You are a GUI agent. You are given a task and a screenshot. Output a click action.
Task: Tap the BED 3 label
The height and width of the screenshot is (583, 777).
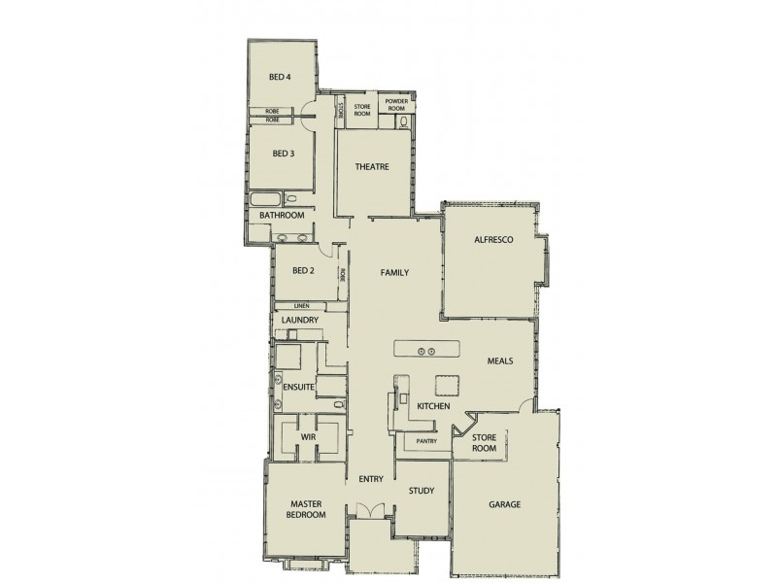coord(283,154)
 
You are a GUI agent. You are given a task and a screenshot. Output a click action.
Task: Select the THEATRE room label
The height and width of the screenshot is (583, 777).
coord(372,167)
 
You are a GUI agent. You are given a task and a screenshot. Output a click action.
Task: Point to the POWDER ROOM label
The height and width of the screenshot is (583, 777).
coord(395,105)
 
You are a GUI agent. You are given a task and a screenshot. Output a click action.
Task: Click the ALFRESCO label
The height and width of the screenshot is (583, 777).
coord(493,239)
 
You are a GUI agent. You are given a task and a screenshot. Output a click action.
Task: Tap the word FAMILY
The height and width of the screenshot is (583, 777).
coord(394,274)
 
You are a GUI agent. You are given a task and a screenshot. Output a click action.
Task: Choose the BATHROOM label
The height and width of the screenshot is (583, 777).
coord(282,215)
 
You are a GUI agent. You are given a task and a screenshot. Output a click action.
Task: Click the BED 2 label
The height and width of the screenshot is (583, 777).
coord(304,271)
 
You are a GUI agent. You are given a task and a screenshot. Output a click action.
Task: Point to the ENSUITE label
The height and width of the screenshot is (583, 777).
coord(297,386)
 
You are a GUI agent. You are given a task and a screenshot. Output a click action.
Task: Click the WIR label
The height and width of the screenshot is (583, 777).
coord(310,438)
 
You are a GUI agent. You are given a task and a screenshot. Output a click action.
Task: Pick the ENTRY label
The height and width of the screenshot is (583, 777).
coord(372,479)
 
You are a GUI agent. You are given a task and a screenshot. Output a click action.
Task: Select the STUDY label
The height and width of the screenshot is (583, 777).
coord(421,491)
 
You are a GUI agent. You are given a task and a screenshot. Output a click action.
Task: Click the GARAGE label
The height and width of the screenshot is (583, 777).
coord(506,505)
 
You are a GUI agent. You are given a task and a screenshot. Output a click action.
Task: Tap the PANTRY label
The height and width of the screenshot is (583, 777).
coord(425,442)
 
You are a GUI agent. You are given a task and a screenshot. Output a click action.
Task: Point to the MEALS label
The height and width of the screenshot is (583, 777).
coord(500,361)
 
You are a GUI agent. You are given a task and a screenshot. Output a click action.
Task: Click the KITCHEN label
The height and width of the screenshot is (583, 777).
coord(432,406)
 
